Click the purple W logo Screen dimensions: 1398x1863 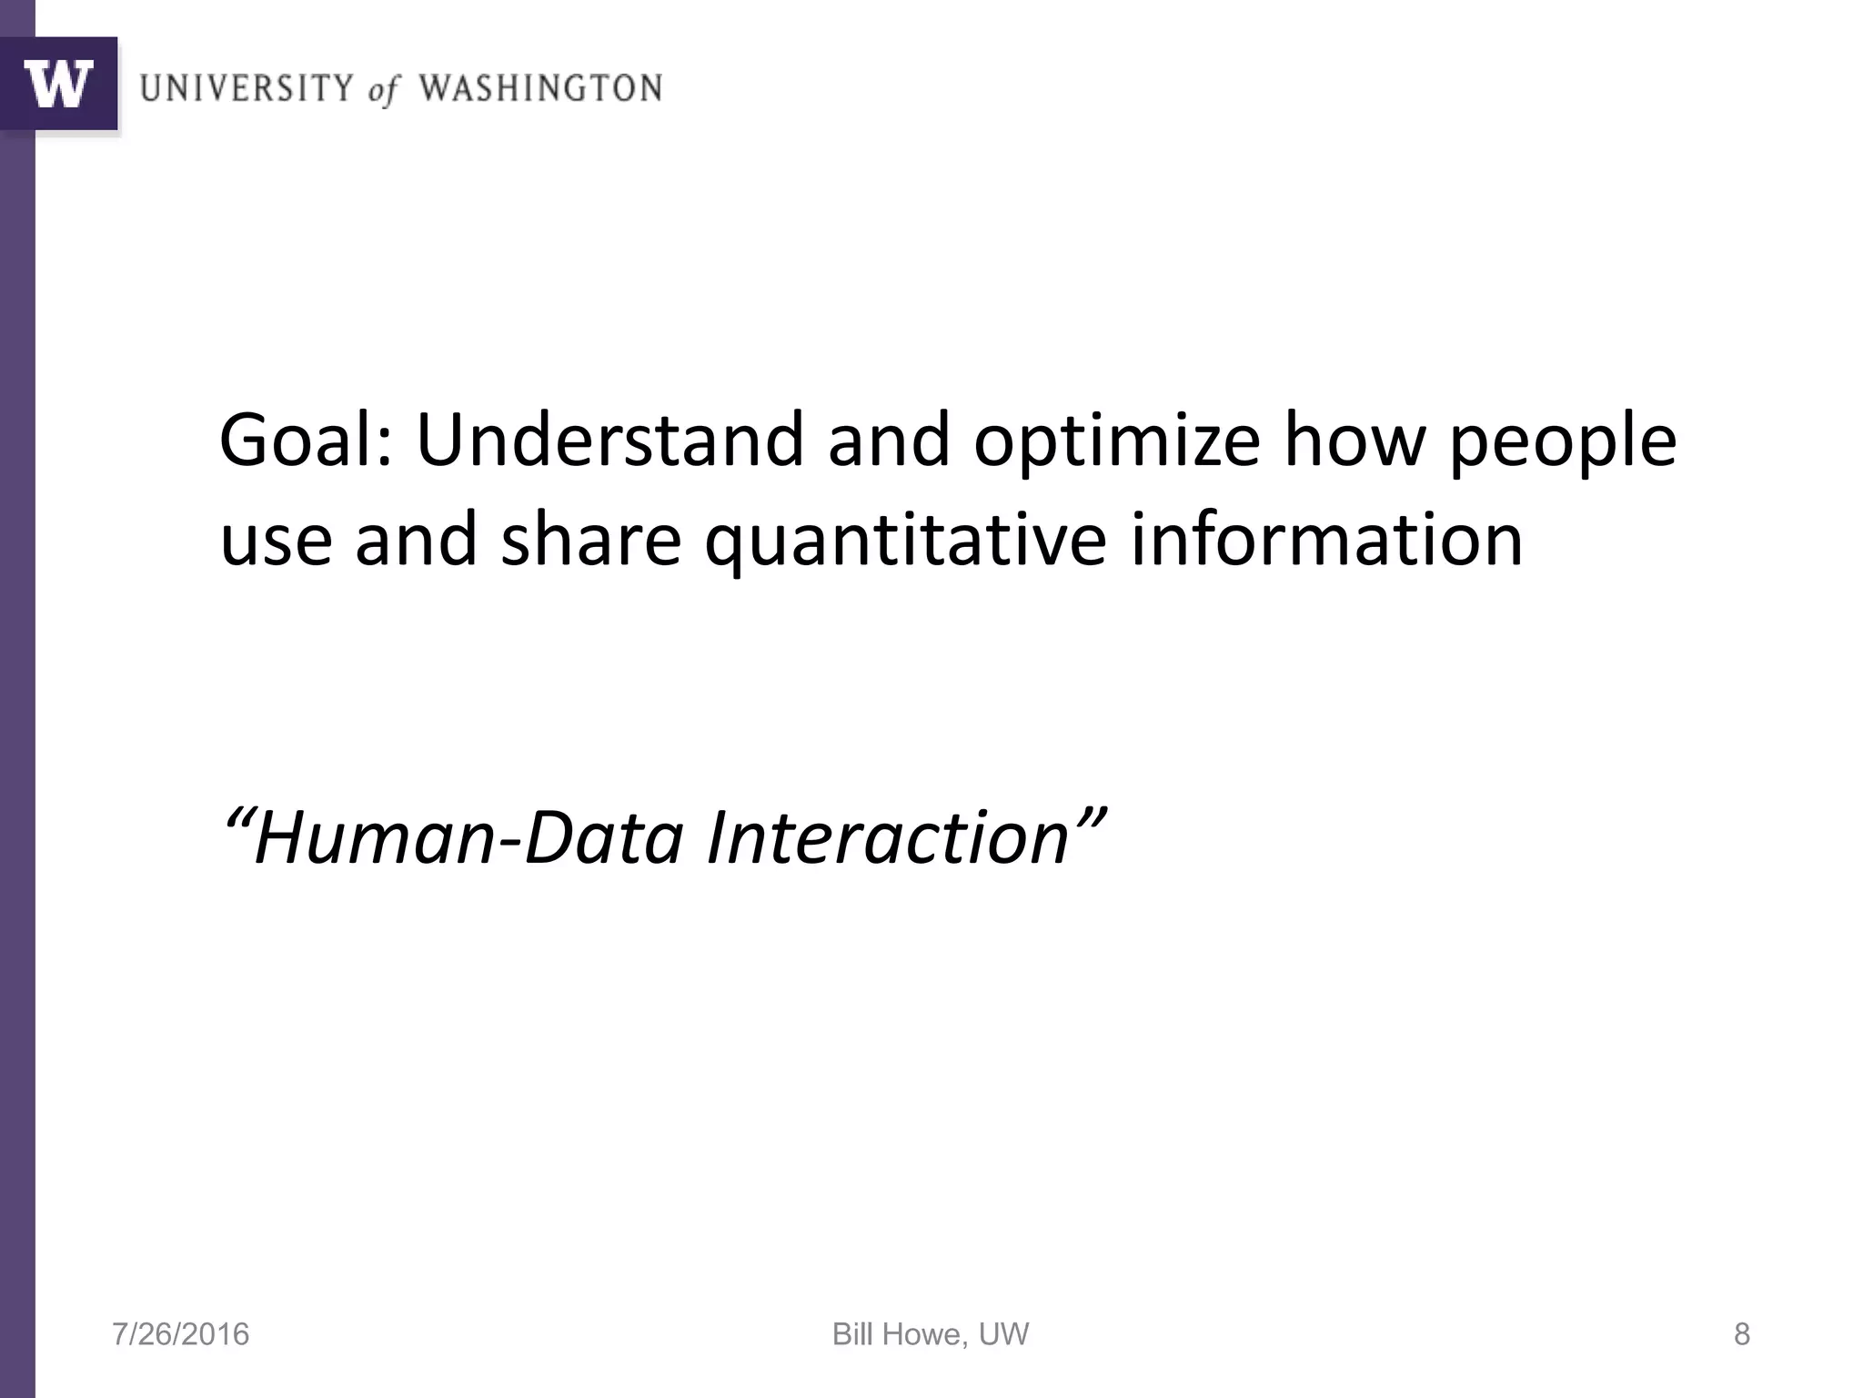tap(59, 84)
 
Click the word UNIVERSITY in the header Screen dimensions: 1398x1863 tap(247, 88)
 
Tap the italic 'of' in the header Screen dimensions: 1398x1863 tap(383, 90)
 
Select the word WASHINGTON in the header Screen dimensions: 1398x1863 tap(540, 88)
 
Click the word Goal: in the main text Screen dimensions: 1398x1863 tap(306, 441)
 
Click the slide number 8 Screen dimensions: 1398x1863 tap(1741, 1334)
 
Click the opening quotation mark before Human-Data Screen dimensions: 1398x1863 tap(237, 815)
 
